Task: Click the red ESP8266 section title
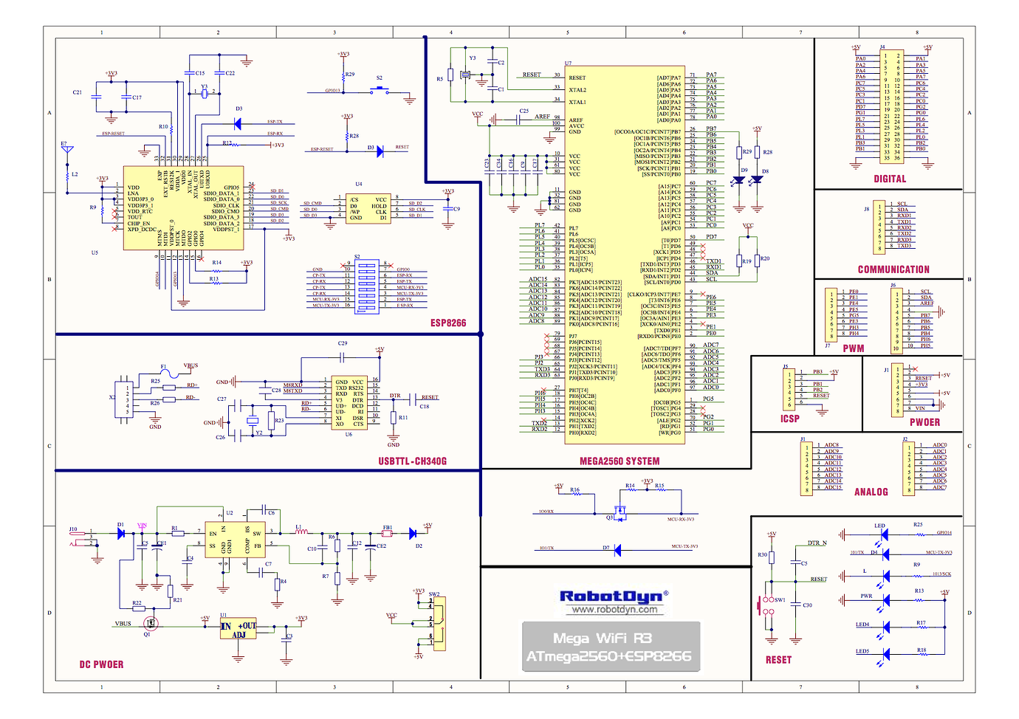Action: pyautogui.click(x=448, y=323)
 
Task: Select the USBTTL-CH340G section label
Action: pyautogui.click(x=412, y=461)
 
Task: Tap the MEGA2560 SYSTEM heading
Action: pyautogui.click(x=619, y=461)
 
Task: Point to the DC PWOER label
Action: pyautogui.click(x=101, y=664)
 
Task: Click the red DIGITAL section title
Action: pyautogui.click(x=890, y=179)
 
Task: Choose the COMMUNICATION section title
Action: pyautogui.click(x=893, y=269)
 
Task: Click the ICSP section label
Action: pyautogui.click(x=790, y=419)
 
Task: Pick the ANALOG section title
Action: pyautogui.click(x=871, y=492)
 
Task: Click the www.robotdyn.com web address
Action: pyautogui.click(x=614, y=610)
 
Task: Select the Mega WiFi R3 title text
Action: pyautogui.click(x=603, y=638)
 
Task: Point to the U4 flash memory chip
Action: pyautogui.click(x=368, y=208)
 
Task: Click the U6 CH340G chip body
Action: pyautogui.click(x=349, y=403)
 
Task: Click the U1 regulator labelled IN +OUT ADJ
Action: pyautogui.click(x=238, y=630)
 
